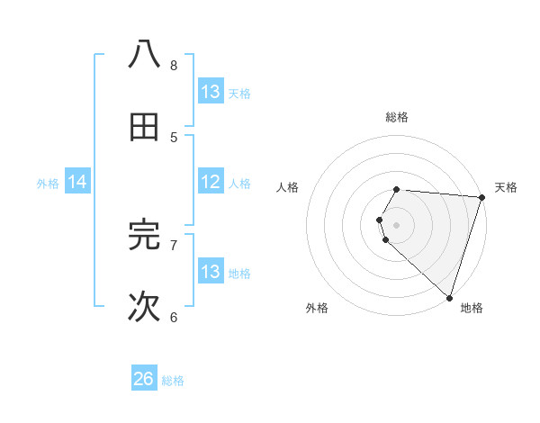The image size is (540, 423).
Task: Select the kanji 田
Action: pos(145,128)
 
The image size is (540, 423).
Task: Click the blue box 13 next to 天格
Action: pos(211,91)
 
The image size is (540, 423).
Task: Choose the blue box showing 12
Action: pos(211,181)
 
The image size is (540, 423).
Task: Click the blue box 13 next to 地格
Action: pos(211,271)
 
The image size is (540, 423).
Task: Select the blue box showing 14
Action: pos(77,182)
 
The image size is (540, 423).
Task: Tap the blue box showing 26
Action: pos(144,379)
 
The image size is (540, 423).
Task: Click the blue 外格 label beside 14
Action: pos(48,184)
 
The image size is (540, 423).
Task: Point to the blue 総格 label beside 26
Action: pos(174,381)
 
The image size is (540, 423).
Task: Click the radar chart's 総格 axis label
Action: pos(397,117)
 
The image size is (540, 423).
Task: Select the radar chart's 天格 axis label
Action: pos(506,187)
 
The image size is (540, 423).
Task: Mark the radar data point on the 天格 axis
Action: pos(481,197)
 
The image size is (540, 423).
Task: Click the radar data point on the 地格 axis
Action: pos(449,296)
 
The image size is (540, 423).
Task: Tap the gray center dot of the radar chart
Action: pos(397,224)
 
